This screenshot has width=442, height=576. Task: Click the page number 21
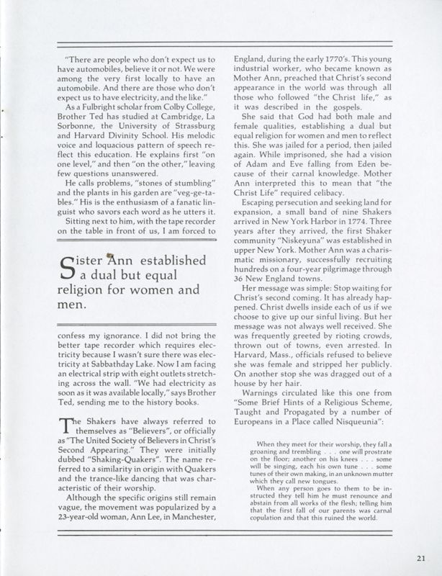[420, 556]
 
